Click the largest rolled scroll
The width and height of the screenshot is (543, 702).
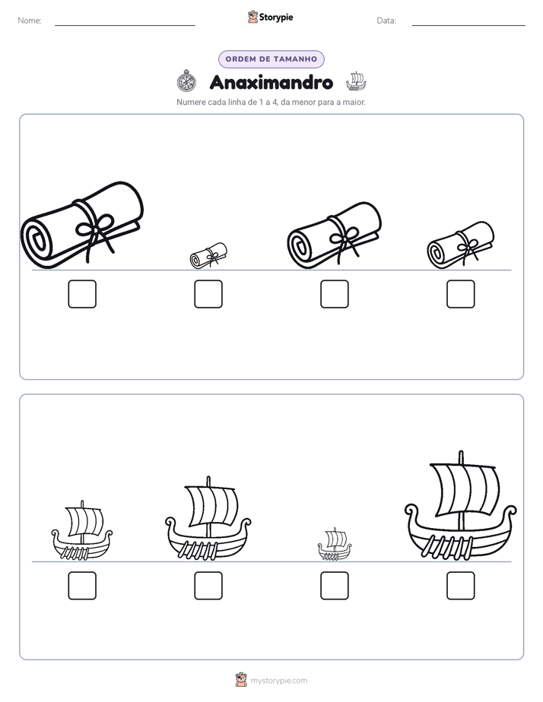(x=82, y=225)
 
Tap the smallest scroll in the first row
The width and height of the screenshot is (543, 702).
(x=208, y=255)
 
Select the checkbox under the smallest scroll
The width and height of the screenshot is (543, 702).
(x=208, y=294)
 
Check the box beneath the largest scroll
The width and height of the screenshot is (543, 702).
(x=82, y=294)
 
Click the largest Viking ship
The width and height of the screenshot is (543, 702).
(x=461, y=506)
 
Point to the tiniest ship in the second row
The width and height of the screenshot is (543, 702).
(x=335, y=545)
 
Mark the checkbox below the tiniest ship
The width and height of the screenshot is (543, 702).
(x=335, y=586)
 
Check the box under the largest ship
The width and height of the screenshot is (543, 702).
(x=461, y=586)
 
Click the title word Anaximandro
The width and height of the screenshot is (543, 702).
(x=271, y=82)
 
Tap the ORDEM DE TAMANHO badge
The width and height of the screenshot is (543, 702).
(x=271, y=59)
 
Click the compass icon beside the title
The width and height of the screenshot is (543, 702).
(x=186, y=81)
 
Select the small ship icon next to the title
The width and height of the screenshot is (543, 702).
(x=356, y=81)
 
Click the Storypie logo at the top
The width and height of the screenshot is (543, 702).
(x=270, y=17)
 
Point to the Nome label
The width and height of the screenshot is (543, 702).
(x=30, y=21)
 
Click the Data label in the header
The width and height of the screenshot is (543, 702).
(x=386, y=21)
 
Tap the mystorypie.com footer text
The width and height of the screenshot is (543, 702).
(x=278, y=681)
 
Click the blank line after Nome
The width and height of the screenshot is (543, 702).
(x=125, y=25)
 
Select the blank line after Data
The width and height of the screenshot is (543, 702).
(x=468, y=25)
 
